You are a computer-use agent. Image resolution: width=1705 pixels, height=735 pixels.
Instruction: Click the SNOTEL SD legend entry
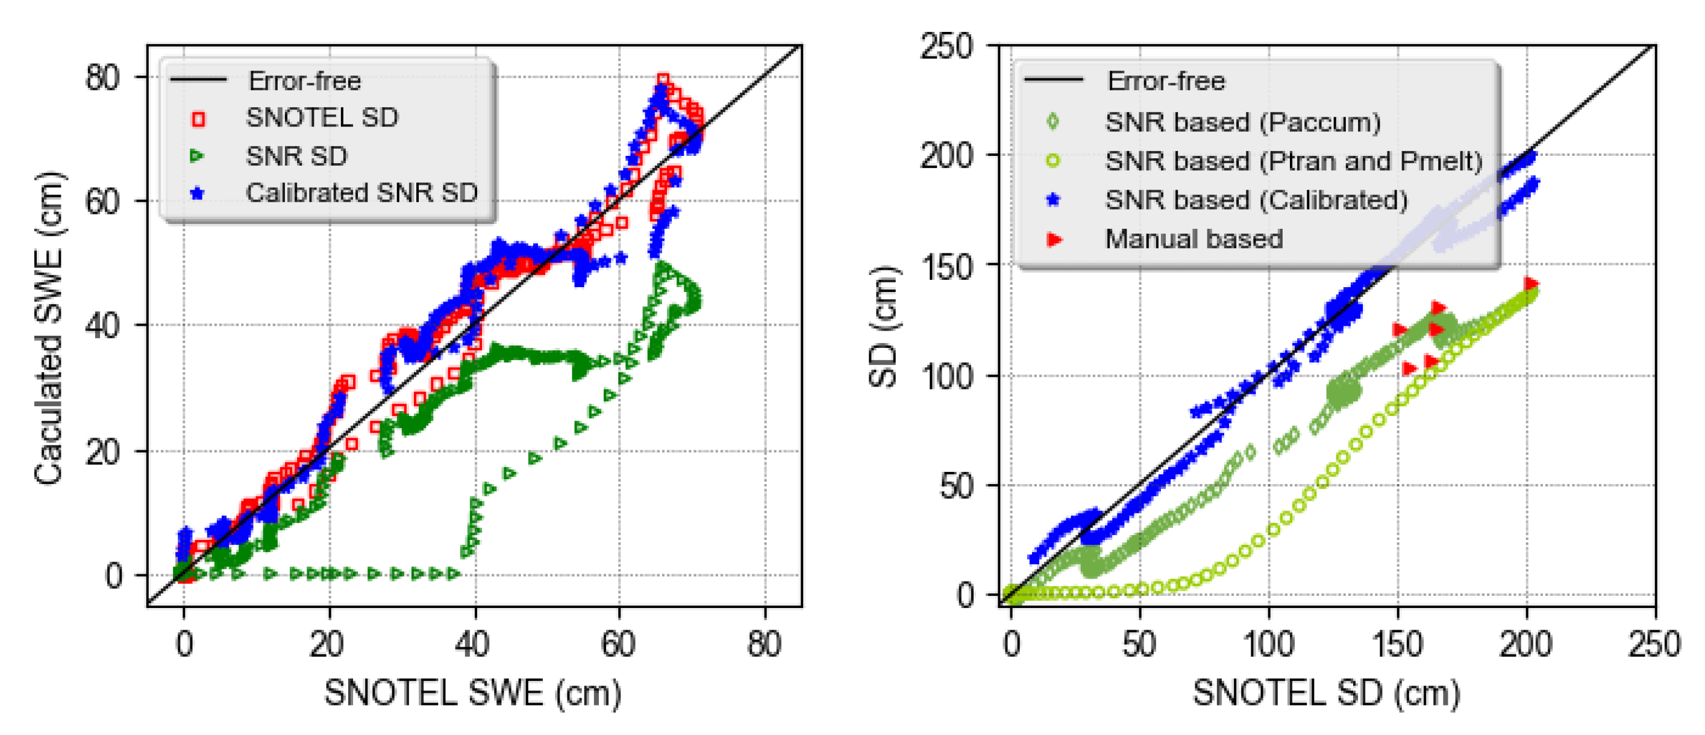pos(322,118)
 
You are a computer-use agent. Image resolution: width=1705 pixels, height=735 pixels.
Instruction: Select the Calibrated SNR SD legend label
pos(361,193)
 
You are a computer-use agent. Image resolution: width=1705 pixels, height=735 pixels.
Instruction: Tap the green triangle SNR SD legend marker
pos(196,156)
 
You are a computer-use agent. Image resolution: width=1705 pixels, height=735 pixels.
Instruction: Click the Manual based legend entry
pos(1193,239)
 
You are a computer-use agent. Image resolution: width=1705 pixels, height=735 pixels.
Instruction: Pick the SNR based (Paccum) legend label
pos(1242,122)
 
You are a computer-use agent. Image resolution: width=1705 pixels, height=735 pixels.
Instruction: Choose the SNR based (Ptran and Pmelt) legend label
pos(1294,161)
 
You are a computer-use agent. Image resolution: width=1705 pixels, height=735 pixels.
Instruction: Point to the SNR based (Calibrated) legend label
pos(1256,200)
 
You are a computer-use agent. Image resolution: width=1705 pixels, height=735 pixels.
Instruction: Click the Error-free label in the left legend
pos(304,81)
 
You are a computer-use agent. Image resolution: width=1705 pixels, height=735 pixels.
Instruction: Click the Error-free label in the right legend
pos(1166,81)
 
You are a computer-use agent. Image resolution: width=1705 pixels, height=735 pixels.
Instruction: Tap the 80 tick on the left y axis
pos(102,78)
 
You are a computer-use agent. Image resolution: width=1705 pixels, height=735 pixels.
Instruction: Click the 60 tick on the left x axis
pos(618,643)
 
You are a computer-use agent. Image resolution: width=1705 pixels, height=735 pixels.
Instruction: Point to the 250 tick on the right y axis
pos(946,46)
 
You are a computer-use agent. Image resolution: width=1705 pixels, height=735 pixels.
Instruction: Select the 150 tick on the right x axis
pos(1397,643)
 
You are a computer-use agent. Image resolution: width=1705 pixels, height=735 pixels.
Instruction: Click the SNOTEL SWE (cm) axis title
pos(472,693)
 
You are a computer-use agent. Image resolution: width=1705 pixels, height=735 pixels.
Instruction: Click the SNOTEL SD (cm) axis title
pos(1327,693)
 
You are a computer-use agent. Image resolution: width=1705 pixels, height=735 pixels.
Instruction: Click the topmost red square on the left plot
pos(663,80)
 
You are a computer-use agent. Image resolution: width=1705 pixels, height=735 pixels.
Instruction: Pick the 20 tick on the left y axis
pos(102,452)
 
